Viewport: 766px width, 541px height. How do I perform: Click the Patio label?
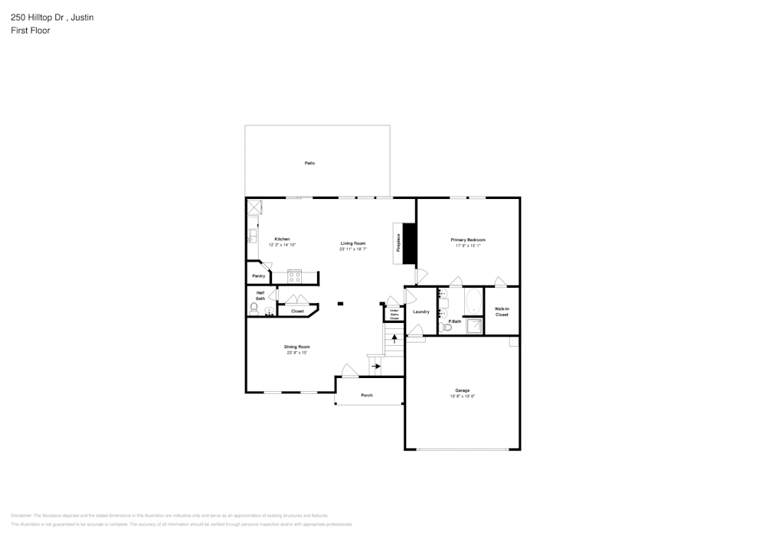309,163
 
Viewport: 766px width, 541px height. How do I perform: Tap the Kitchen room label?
282,239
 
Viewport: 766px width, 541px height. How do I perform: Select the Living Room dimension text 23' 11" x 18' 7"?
353,249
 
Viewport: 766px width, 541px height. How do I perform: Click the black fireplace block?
409,243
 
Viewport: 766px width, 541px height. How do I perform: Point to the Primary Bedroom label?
468,240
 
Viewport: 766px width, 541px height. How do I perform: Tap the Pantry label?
258,275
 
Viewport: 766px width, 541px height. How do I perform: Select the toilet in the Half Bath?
254,308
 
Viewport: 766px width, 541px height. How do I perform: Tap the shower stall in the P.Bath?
475,326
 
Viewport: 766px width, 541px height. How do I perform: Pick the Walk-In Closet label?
502,311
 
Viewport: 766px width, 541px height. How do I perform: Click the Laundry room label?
421,311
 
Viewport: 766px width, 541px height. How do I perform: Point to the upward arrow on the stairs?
394,337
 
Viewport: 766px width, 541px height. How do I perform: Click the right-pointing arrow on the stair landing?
375,367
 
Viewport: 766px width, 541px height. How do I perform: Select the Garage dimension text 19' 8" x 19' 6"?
463,396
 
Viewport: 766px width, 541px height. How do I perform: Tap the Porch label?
367,395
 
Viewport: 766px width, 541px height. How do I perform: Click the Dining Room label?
297,347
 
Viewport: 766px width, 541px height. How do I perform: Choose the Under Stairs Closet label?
394,314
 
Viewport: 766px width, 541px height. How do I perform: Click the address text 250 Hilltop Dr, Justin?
52,17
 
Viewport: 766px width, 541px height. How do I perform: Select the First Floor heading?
31,31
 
